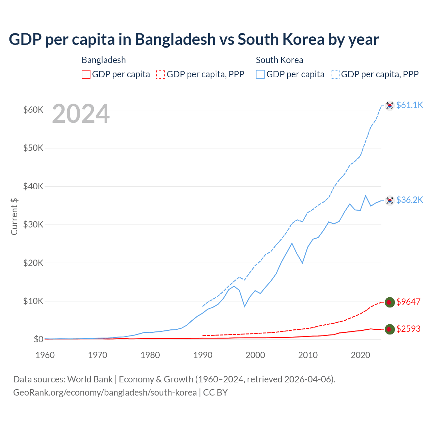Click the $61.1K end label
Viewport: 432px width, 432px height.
click(x=409, y=105)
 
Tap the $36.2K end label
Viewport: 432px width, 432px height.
click(x=409, y=200)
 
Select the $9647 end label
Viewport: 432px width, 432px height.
click(x=408, y=302)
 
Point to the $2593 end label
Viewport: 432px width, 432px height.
click(x=408, y=329)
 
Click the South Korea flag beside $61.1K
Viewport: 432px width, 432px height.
click(x=390, y=106)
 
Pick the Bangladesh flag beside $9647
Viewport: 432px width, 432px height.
click(x=390, y=302)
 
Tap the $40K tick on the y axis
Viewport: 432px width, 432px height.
click(x=33, y=186)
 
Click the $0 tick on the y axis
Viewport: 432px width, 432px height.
click(x=38, y=339)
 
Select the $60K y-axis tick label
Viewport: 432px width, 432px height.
click(x=33, y=110)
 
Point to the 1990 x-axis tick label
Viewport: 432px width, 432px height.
click(x=203, y=355)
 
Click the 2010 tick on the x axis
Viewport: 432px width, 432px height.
click(x=308, y=355)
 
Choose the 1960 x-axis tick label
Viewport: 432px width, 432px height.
click(x=45, y=355)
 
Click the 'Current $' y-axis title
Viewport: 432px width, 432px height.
click(x=14, y=216)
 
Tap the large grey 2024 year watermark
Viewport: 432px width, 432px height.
click(x=81, y=114)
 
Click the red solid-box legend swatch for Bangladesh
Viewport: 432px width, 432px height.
click(x=86, y=74)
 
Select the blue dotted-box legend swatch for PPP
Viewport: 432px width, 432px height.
click(x=335, y=74)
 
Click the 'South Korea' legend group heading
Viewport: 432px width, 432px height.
click(x=279, y=60)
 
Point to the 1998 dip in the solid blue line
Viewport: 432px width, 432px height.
click(x=245, y=306)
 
